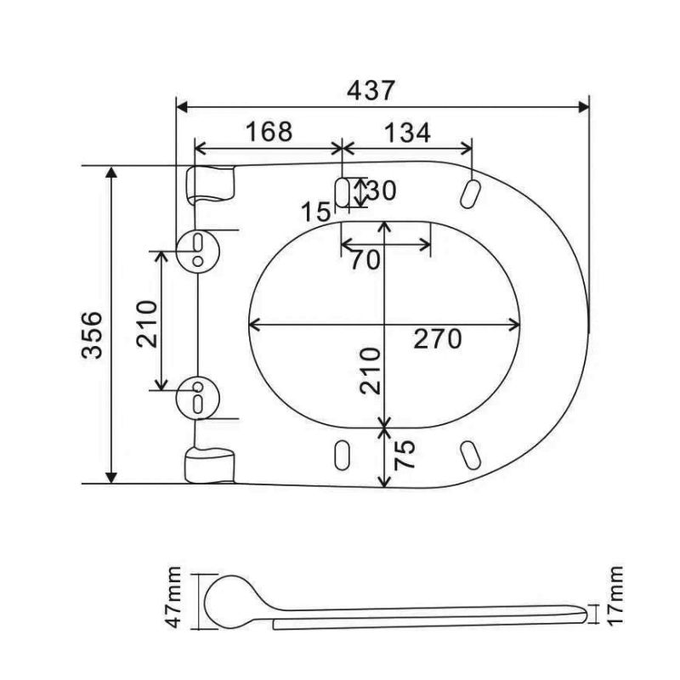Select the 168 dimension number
pos(268,132)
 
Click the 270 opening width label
pos(437,338)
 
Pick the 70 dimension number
pos(366,259)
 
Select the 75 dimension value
pos(406,456)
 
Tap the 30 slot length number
pos(381,190)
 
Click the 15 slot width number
pos(317,211)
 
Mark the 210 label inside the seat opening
pos(369,371)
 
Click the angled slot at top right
pos(469,192)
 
